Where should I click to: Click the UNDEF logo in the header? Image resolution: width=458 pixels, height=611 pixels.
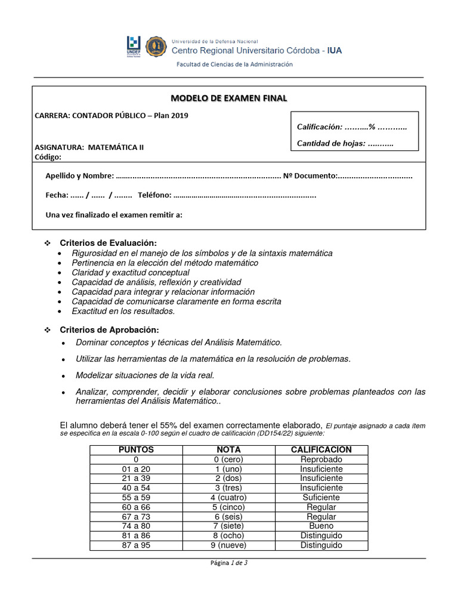coord(134,47)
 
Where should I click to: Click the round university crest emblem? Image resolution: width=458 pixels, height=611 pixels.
coord(156,47)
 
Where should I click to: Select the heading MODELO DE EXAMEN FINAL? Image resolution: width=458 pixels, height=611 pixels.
coord(229,98)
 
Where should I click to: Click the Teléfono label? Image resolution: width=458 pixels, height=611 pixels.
coord(154,195)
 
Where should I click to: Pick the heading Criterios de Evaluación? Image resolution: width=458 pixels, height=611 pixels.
coord(108,243)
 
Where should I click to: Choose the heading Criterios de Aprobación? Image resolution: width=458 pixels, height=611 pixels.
coord(109,330)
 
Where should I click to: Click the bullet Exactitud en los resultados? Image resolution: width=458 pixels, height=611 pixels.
coord(123,311)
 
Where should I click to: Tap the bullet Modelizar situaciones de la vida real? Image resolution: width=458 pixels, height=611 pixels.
coord(145,375)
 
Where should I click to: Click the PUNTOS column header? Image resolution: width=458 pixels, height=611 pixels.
coord(136,450)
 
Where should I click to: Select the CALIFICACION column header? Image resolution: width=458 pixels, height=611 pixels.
coord(321,450)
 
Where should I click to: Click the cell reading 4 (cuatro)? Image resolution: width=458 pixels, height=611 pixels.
coord(228,498)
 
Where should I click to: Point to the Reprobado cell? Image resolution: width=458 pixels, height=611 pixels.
coord(321,459)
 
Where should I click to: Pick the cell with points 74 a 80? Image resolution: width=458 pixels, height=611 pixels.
coord(136,526)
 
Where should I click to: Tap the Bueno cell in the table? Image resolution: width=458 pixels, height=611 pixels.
coord(321,526)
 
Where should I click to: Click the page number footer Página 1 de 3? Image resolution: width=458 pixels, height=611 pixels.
coord(228,563)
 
